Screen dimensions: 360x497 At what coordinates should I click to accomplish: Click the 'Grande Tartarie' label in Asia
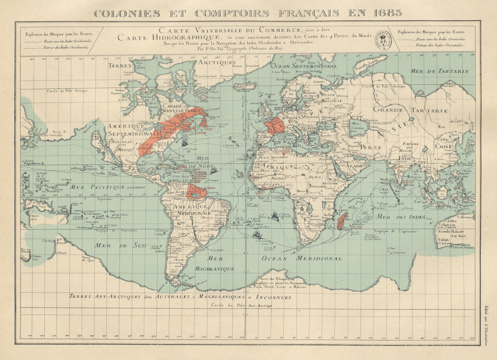(x=410, y=110)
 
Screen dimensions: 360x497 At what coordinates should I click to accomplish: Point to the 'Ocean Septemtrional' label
(x=304, y=66)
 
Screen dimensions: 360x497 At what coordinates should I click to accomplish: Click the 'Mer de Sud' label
(x=120, y=246)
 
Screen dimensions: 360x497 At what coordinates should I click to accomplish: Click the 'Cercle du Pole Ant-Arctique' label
(x=241, y=306)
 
